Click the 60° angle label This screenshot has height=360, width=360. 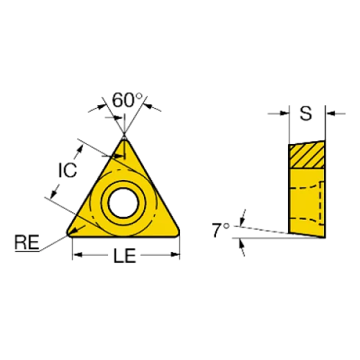[127, 100]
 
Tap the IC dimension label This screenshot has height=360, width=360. [68, 170]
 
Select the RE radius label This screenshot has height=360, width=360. [27, 242]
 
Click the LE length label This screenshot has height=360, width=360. [125, 256]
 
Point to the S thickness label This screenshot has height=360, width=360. [306, 113]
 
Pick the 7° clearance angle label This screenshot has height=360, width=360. [220, 230]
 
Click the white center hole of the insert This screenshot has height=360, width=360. [123, 203]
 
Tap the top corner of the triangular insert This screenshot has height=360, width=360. [124, 139]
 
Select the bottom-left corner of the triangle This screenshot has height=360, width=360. [69, 234]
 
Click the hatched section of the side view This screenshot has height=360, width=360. [307, 154]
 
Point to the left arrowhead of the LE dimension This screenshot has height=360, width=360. [78, 255]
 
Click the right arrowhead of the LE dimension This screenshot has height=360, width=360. [175, 255]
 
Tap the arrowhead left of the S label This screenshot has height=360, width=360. [284, 113]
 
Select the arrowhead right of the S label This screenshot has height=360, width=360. [331, 113]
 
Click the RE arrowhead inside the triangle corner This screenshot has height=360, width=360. [73, 231]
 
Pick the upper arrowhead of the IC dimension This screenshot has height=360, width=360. [80, 149]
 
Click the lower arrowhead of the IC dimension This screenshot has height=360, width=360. [54, 193]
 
